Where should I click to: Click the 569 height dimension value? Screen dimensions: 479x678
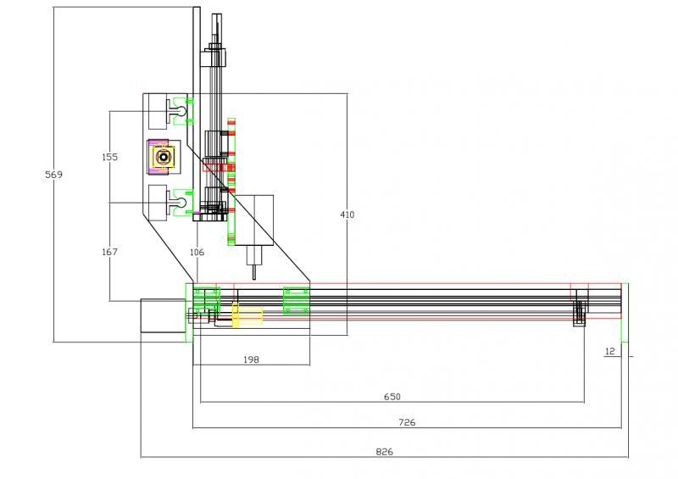coord(53,175)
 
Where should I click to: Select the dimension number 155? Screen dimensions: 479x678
coord(109,158)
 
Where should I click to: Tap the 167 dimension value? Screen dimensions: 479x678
coord(109,252)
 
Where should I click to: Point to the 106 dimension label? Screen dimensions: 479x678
coord(197,252)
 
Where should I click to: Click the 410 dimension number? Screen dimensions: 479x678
coord(347,214)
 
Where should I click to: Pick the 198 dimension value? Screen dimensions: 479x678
coord(251,359)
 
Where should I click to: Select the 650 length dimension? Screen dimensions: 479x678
coord(392,397)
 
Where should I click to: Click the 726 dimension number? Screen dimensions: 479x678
coord(407,422)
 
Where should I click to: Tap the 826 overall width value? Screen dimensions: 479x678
coord(384,452)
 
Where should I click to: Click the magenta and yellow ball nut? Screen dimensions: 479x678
coord(161,156)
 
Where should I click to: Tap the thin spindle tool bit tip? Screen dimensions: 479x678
coord(253,272)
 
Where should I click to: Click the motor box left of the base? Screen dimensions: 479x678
coord(162,319)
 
